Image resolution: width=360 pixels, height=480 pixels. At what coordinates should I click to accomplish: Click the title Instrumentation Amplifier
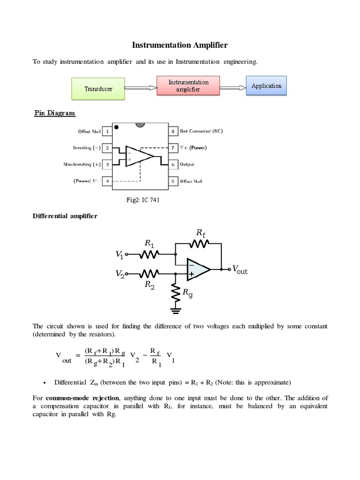pyautogui.click(x=180, y=45)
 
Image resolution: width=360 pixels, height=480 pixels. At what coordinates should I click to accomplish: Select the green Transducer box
pyautogui.click(x=98, y=89)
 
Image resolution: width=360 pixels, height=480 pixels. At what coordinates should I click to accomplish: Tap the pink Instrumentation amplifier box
pyautogui.click(x=188, y=86)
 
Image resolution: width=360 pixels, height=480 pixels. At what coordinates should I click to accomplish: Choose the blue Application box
pyautogui.click(x=266, y=86)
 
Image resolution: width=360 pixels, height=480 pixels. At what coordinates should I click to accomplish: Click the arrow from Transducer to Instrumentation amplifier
pyautogui.click(x=141, y=87)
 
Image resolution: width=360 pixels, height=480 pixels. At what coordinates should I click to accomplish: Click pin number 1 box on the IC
pyautogui.click(x=107, y=132)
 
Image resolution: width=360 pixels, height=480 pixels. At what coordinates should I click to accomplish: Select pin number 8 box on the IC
pyautogui.click(x=172, y=132)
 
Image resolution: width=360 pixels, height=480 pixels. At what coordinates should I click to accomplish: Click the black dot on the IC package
pyautogui.click(x=117, y=127)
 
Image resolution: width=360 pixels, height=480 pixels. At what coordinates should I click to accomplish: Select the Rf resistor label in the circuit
pyautogui.click(x=201, y=232)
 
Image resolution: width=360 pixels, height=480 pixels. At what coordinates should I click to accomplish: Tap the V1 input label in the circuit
pyautogui.click(x=119, y=255)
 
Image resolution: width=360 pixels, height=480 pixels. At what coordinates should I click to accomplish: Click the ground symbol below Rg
pyautogui.click(x=176, y=309)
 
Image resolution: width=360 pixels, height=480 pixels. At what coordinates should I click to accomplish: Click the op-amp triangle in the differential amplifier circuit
pyautogui.click(x=197, y=269)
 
